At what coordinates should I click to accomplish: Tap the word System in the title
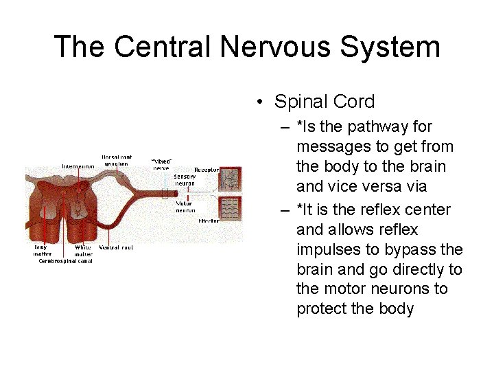click(x=398, y=47)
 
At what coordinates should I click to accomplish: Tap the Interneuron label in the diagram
click(x=78, y=166)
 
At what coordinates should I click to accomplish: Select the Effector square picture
click(x=229, y=208)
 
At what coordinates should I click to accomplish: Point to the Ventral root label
click(x=116, y=247)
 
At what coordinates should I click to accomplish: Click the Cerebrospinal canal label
click(x=65, y=261)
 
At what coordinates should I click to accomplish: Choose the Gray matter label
click(x=42, y=251)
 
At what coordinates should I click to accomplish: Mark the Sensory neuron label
click(x=185, y=180)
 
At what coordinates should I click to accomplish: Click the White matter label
click(x=84, y=251)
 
